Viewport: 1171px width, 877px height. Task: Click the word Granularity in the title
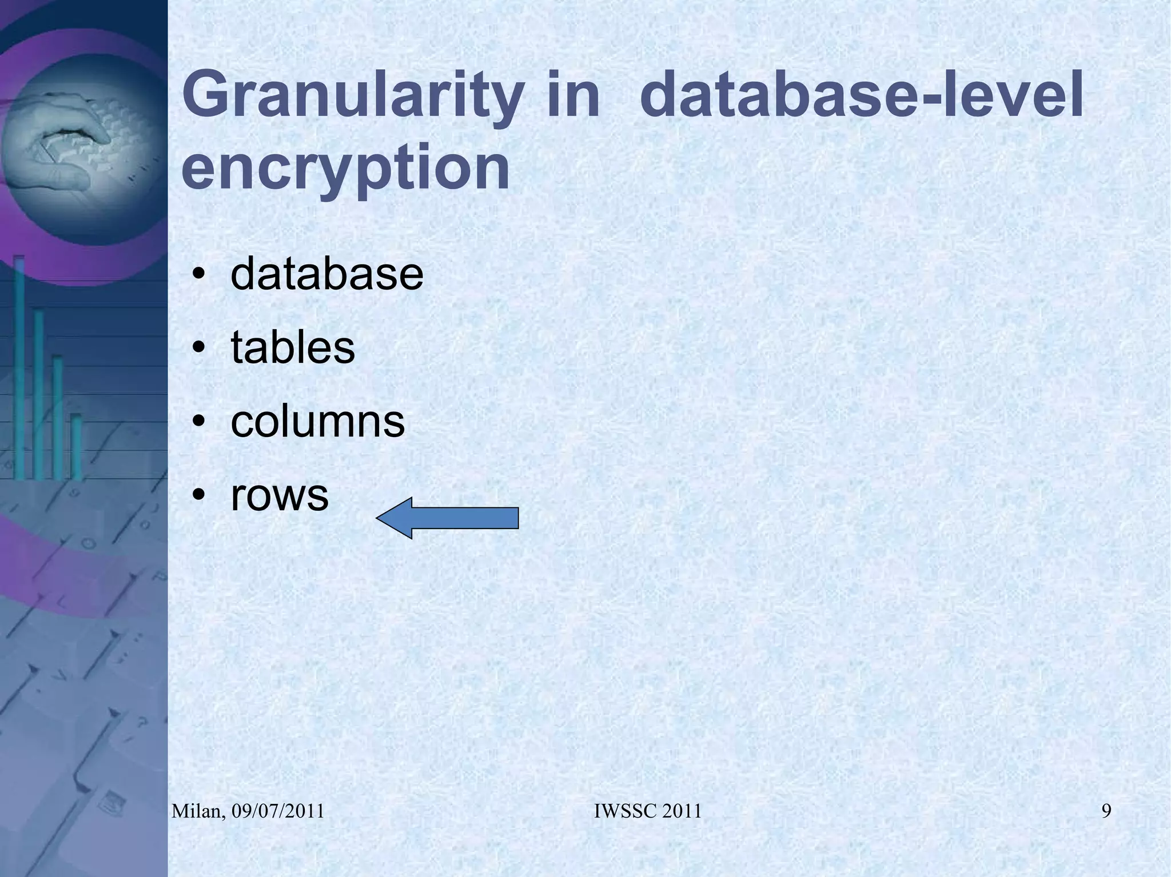tap(350, 96)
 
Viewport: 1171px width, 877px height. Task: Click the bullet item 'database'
tap(326, 274)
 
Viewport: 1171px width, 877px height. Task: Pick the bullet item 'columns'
tap(317, 422)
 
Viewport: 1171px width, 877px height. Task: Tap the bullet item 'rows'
tap(280, 495)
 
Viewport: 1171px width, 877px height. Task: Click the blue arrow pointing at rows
tap(447, 518)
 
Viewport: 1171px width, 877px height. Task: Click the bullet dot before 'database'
tap(198, 274)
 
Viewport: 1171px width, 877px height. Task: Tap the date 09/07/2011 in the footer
tap(278, 811)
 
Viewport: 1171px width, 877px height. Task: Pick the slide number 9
tap(1106, 811)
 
